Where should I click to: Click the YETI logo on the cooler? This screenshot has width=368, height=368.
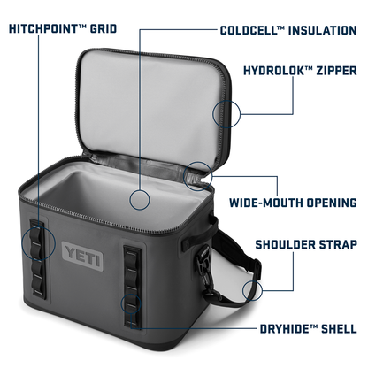click(x=82, y=257)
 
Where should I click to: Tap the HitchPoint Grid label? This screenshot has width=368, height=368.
click(x=63, y=28)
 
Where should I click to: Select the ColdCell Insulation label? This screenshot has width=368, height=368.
click(x=288, y=30)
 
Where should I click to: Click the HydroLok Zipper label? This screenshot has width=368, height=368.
click(x=300, y=71)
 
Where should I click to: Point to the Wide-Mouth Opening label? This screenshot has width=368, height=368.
click(x=293, y=203)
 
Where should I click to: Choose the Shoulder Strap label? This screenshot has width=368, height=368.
click(x=306, y=244)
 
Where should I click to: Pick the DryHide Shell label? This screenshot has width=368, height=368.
click(x=309, y=328)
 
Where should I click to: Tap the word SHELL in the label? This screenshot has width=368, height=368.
click(x=339, y=328)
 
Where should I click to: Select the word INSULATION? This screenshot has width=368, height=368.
click(x=322, y=30)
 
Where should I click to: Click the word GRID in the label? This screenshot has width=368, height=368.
click(x=103, y=28)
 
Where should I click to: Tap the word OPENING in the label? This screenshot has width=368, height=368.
click(x=332, y=203)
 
